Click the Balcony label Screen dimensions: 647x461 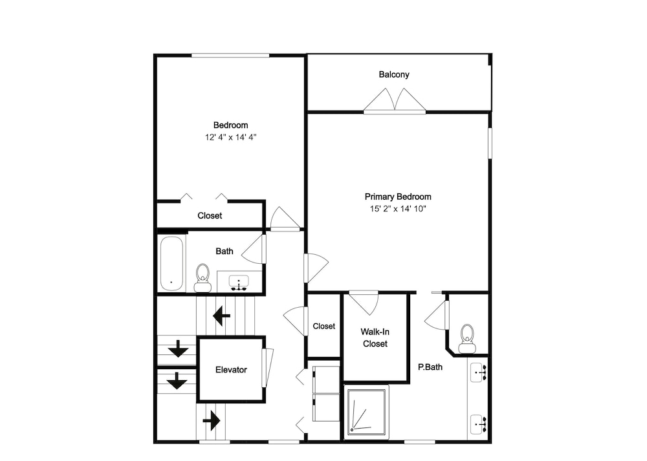pyautogui.click(x=394, y=74)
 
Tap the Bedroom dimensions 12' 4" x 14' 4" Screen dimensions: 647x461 pyautogui.click(x=231, y=137)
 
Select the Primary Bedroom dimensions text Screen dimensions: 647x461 pyautogui.click(x=398, y=209)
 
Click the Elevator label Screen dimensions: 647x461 pyautogui.click(x=231, y=370)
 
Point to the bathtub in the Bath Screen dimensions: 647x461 pyautogui.click(x=171, y=264)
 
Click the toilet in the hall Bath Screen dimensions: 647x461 pyautogui.click(x=203, y=278)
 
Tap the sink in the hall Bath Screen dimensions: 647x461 pyautogui.click(x=239, y=283)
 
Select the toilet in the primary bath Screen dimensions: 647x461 pyautogui.click(x=466, y=339)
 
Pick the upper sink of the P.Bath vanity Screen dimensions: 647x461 pyautogui.click(x=478, y=373)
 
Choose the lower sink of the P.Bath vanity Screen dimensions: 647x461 pyautogui.click(x=478, y=424)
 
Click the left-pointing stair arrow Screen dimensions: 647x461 pyautogui.click(x=221, y=316)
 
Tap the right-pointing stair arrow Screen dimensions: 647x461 pyautogui.click(x=212, y=421)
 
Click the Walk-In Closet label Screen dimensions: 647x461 pyautogui.click(x=375, y=338)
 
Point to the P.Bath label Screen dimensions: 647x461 pyautogui.click(x=430, y=367)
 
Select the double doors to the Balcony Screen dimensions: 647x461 pyautogui.click(x=395, y=100)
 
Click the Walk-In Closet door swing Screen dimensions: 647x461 pyautogui.click(x=364, y=303)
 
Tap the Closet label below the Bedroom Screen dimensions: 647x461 pyautogui.click(x=210, y=216)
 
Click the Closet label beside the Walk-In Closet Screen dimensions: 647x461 pyautogui.click(x=324, y=326)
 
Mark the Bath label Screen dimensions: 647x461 pyautogui.click(x=225, y=251)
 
